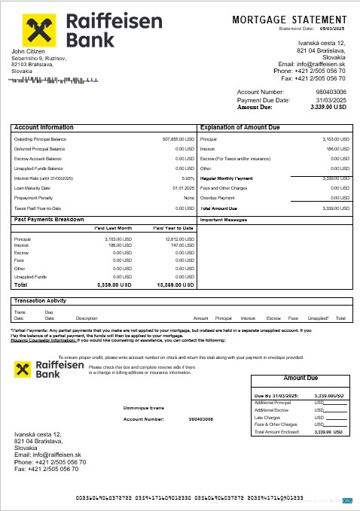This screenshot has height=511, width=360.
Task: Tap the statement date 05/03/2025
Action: pos(332,29)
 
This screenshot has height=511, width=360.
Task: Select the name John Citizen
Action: pos(28,51)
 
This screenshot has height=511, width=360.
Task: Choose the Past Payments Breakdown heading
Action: pos(50,219)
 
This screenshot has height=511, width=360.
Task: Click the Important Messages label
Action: pos(224,220)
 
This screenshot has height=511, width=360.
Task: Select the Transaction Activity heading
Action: pos(41,301)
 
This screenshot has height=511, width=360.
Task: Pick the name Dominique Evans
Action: pos(142,408)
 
